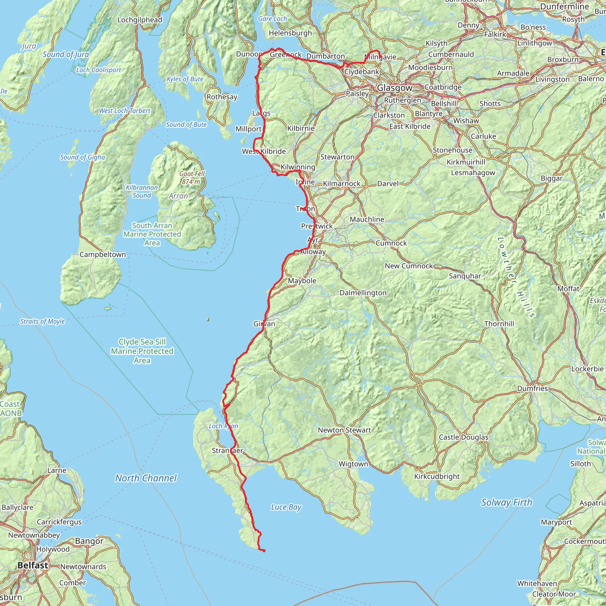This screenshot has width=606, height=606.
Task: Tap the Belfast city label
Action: coord(33,565)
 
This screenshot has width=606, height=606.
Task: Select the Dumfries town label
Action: coord(532,388)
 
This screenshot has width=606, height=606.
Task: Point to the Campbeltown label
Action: coord(103,254)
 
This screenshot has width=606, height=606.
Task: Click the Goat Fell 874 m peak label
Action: coord(192,178)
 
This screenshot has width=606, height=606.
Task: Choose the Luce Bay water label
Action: coord(286,507)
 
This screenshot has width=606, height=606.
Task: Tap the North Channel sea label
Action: coord(146,478)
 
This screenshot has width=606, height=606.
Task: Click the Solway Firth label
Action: coord(507,502)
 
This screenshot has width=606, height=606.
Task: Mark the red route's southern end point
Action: coord(264,551)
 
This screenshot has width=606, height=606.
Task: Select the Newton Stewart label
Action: coord(344,430)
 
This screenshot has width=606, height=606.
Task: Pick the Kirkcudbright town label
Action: coord(437,476)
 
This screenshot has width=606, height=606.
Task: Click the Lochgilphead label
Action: coord(140,20)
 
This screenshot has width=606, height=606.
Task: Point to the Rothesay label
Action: coord(222,97)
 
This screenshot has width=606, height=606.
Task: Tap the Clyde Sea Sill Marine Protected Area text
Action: coord(142,351)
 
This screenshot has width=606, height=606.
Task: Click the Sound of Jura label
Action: coord(66,54)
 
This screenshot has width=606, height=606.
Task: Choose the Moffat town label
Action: coord(568,289)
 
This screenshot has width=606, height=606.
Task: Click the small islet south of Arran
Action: coord(208,320)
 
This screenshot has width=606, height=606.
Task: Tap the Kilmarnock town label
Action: coord(341,183)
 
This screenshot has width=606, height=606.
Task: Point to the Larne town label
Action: coord(57,470)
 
